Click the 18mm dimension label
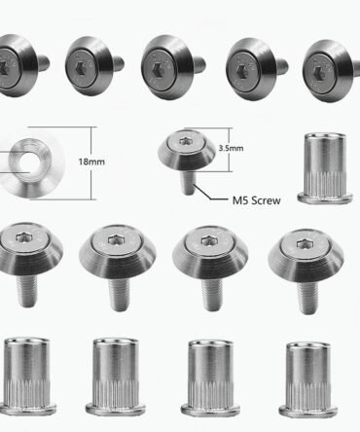pyautogui.click(x=91, y=162)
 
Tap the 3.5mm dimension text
pyautogui.click(x=231, y=148)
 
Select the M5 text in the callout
pyautogui.click(x=240, y=200)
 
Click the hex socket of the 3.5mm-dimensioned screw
pyautogui.click(x=185, y=141)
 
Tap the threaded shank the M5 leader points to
pyautogui.click(x=188, y=183)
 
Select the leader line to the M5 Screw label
pyautogui.click(x=211, y=193)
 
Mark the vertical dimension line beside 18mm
pyautogui.click(x=90, y=163)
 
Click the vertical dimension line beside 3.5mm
pyautogui.click(x=231, y=150)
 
